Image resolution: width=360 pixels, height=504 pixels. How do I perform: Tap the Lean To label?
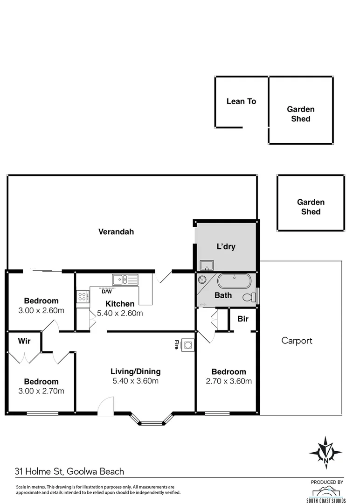[241, 101]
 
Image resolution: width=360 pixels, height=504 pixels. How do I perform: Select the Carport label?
[297, 341]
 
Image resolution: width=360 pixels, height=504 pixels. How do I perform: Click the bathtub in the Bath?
[234, 281]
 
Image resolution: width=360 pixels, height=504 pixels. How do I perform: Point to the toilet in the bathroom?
[250, 297]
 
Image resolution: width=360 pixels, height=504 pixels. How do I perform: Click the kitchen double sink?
[125, 280]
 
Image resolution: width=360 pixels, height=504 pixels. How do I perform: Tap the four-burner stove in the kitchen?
[83, 297]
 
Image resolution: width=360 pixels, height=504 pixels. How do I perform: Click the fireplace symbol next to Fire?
[188, 345]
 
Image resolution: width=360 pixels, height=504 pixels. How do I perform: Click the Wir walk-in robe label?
[24, 341]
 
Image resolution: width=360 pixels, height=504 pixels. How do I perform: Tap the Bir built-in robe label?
[242, 319]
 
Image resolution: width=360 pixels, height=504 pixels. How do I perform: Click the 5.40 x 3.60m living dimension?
[135, 381]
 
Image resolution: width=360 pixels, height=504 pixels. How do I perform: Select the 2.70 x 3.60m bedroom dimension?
[228, 381]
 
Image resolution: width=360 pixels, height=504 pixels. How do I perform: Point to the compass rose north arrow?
[325, 453]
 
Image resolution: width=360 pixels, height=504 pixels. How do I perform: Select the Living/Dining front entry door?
[106, 405]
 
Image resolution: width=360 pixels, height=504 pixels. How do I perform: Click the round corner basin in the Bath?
[201, 280]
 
